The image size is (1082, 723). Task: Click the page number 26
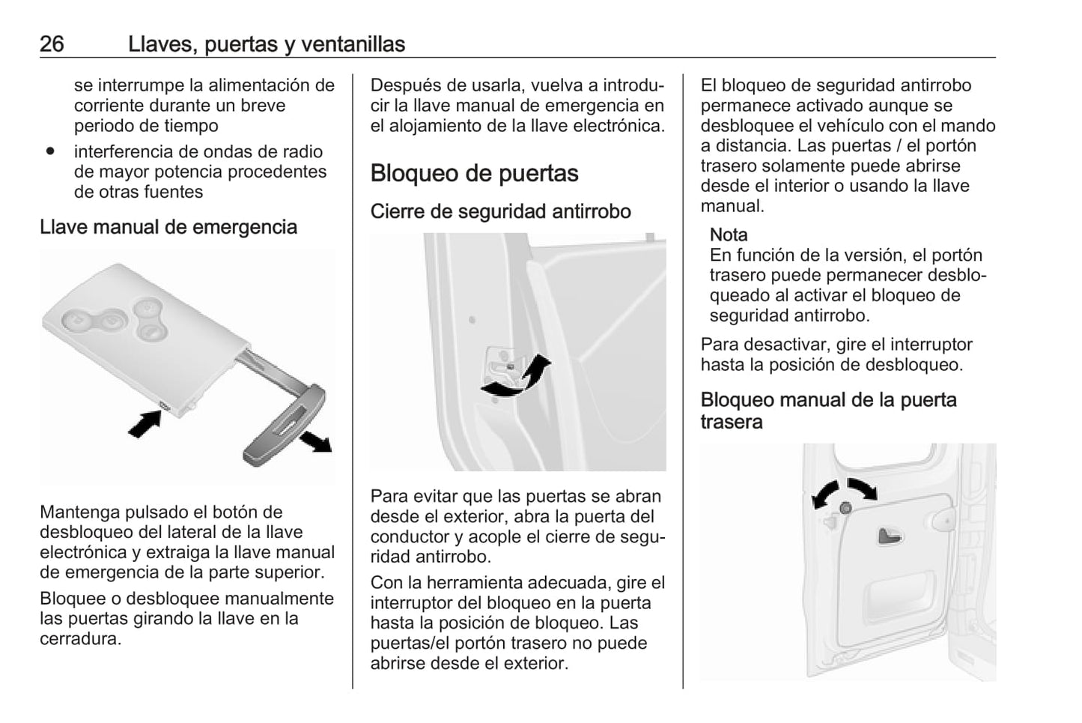coord(52,43)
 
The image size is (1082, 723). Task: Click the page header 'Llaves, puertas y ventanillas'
coord(267,44)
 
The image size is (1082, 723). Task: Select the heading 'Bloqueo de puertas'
coord(474,173)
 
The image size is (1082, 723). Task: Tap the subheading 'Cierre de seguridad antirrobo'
coord(500,211)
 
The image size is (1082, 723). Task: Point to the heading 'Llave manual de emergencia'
coord(168,227)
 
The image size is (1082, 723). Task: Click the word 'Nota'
coord(728,235)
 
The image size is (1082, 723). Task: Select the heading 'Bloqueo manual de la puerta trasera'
coord(828,411)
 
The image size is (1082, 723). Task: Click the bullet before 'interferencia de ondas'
coord(50,151)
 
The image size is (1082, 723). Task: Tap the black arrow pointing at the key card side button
coord(145,424)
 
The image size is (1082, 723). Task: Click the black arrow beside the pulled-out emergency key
coord(316,441)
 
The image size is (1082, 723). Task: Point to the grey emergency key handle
coord(283,425)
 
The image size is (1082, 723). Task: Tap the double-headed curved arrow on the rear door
coord(845,491)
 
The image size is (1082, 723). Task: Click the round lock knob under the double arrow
coord(845,508)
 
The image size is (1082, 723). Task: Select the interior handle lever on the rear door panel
coord(889,536)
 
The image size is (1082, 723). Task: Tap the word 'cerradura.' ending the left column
coord(80,639)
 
